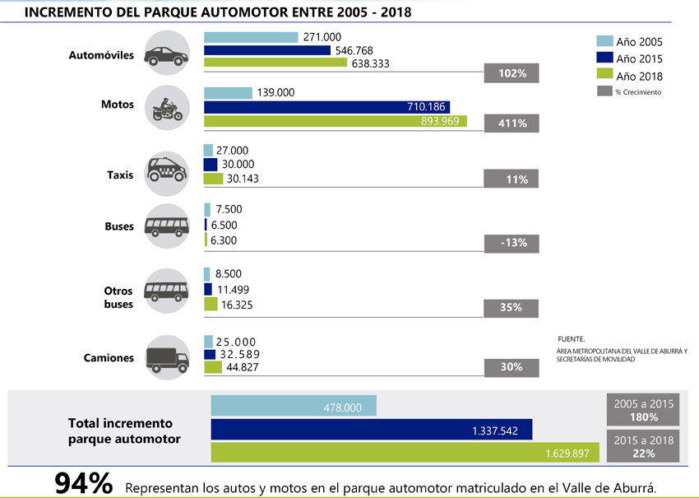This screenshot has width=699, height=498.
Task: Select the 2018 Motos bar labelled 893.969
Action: tap(335, 122)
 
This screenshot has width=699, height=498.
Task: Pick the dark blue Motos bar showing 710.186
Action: tap(326, 106)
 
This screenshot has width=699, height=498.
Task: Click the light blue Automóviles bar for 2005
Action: tap(251, 37)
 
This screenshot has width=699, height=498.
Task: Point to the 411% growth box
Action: tap(513, 124)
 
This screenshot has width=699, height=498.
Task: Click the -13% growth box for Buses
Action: tap(513, 243)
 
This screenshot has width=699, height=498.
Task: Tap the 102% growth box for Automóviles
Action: tap(513, 73)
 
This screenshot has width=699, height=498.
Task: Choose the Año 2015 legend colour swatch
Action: tap(604, 58)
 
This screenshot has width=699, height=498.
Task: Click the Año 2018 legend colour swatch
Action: tap(604, 76)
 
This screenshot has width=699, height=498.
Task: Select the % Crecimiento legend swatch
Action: tap(604, 91)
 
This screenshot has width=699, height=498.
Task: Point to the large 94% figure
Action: tap(83, 483)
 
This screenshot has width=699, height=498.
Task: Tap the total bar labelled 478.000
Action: tap(294, 406)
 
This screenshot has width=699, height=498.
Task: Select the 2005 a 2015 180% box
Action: tap(644, 410)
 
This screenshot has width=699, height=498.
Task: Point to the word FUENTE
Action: tap(571, 339)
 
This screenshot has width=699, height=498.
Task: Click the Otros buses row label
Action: tap(118, 297)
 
